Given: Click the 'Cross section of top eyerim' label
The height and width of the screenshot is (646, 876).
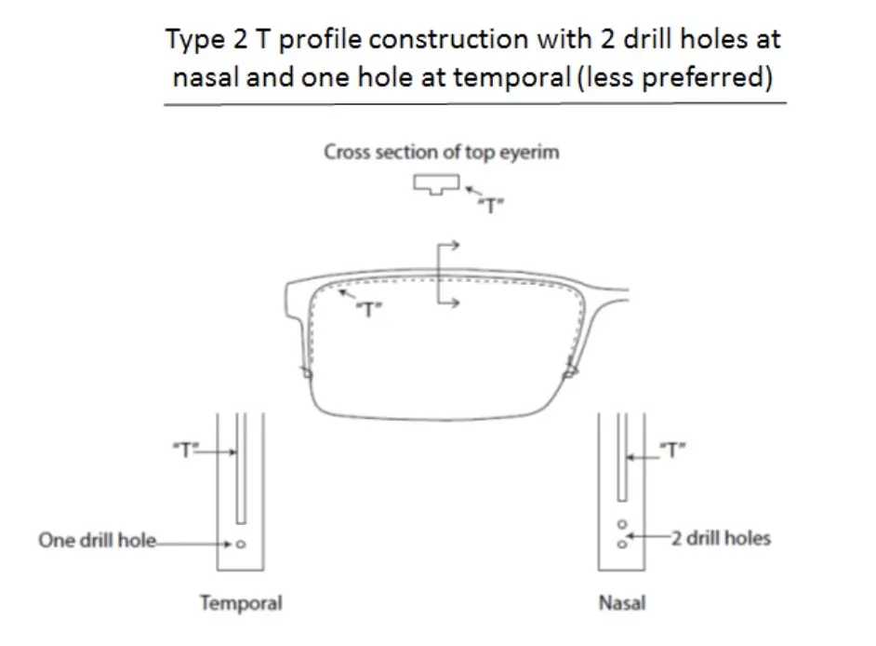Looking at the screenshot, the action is (x=442, y=152).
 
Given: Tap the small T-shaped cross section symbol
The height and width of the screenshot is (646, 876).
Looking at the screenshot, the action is (x=436, y=184).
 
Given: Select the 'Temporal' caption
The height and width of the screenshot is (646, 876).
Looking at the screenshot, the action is (x=242, y=603).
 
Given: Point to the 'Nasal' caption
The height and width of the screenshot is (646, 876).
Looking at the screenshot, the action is (x=622, y=603).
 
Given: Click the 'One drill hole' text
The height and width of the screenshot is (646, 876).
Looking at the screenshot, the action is (x=98, y=540).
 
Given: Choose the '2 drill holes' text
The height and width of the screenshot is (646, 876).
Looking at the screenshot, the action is (x=721, y=538).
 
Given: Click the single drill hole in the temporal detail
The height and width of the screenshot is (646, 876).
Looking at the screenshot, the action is (x=241, y=544).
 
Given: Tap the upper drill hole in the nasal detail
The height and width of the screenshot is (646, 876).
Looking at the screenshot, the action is (x=622, y=524).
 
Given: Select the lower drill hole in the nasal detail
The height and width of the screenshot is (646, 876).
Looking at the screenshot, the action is (x=622, y=544).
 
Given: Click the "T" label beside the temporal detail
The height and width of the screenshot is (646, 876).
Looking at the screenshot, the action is (x=186, y=449).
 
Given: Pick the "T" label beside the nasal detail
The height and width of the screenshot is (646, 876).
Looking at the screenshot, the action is (x=672, y=450).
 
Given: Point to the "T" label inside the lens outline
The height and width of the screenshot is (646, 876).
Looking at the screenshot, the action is (x=369, y=309).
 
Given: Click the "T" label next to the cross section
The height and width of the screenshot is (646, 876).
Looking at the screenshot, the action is (x=491, y=206).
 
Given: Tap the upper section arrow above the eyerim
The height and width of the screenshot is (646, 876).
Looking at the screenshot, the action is (x=448, y=245).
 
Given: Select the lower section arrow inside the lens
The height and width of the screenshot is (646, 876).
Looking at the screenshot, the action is (x=448, y=303).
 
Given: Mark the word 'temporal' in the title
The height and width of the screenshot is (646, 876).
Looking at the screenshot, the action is (x=511, y=76).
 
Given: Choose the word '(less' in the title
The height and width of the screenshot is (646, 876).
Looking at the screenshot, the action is (x=605, y=76).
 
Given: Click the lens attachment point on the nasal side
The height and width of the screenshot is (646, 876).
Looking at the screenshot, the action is (x=570, y=370).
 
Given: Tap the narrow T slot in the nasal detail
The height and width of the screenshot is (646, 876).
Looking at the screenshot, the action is (x=622, y=457).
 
